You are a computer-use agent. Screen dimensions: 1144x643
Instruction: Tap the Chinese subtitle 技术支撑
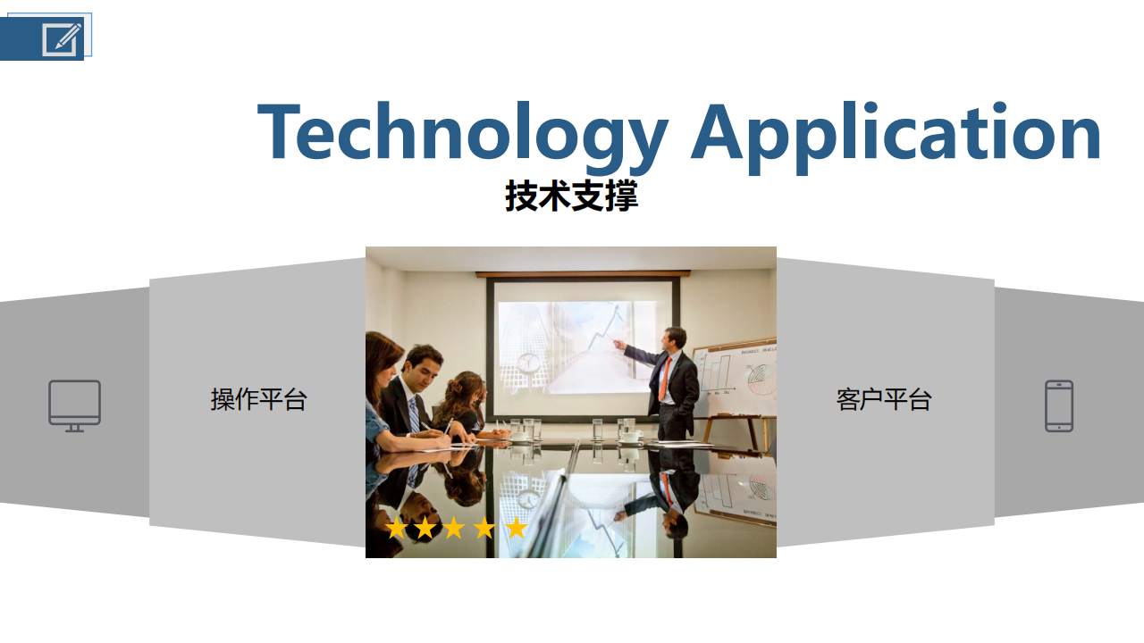pos(571,196)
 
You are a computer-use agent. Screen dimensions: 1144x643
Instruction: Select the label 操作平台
pos(258,399)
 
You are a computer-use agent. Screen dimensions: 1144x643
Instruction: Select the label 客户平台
pos(884,399)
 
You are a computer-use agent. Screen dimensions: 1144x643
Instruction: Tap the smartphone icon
pos(1059,405)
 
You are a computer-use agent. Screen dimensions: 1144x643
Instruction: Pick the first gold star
pos(396,528)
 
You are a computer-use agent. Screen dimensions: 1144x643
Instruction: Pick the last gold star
pos(517,528)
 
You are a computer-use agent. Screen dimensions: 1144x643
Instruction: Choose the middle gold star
pos(454,528)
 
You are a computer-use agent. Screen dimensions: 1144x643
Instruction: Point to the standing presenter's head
pos(674,338)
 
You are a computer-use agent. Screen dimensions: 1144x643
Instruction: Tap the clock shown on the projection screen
pos(527,363)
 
